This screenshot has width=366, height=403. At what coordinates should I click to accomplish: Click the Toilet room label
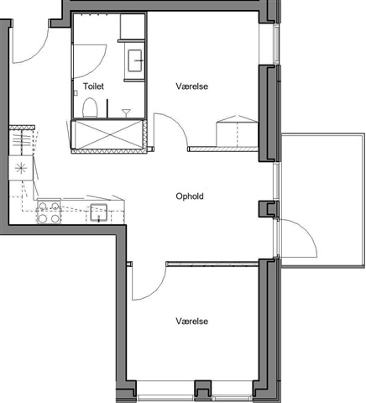[93, 86]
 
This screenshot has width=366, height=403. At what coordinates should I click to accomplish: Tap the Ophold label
[190, 196]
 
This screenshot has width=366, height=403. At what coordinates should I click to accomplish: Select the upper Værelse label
[192, 86]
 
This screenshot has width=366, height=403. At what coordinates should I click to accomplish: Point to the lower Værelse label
[192, 321]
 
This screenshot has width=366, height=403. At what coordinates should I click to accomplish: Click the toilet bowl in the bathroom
[90, 107]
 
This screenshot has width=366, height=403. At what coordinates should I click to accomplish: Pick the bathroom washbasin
[135, 60]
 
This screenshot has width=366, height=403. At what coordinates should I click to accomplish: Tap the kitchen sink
[98, 212]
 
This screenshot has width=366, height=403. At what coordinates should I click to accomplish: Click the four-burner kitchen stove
[49, 212]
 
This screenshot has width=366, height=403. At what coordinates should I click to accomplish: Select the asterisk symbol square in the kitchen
[21, 168]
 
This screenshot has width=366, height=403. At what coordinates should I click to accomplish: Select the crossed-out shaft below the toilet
[109, 134]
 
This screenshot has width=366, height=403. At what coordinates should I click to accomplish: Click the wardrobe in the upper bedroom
[237, 131]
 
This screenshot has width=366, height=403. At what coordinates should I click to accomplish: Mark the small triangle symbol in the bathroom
[126, 113]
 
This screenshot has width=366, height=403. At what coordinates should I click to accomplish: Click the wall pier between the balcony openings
[268, 209]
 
